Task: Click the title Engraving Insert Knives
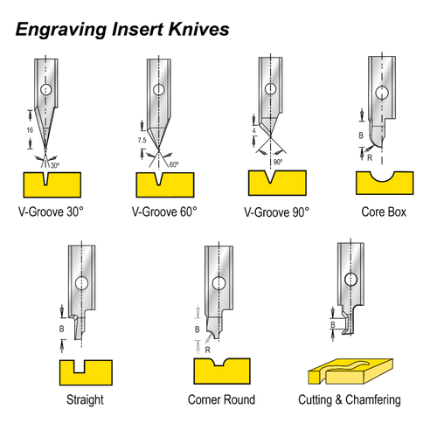[122, 28]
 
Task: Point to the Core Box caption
[383, 211]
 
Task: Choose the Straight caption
[85, 400]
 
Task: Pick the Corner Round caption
[220, 400]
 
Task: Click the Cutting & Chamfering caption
[354, 400]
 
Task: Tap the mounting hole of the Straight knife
[81, 283]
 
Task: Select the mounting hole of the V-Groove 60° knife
[157, 89]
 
